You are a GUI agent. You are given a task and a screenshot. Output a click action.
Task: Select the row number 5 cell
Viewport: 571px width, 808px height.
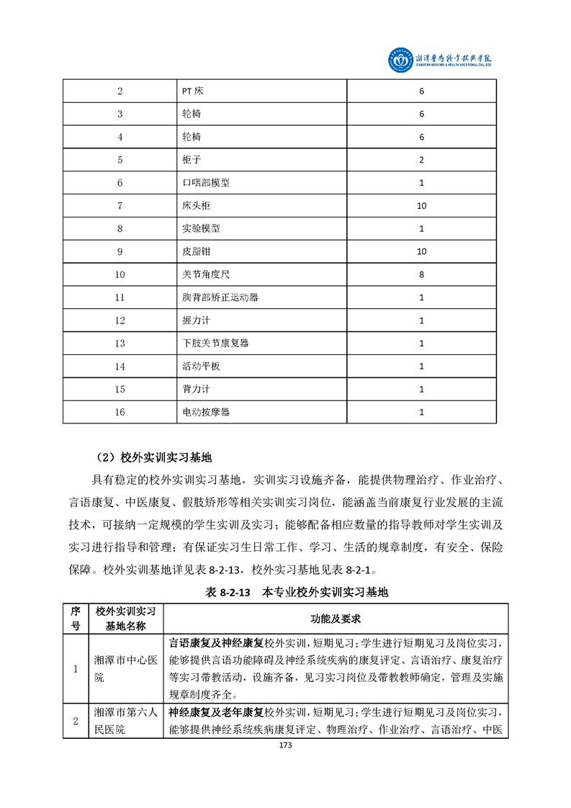coord(120,160)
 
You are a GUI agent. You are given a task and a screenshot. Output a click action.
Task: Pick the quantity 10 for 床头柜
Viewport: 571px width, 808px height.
coord(421,206)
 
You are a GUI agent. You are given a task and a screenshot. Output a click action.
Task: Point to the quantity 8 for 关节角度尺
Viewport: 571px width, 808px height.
coord(421,274)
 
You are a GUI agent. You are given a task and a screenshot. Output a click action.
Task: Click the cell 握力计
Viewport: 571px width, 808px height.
coord(197,320)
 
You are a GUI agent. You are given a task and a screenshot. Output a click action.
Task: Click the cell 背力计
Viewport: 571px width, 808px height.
coord(197,390)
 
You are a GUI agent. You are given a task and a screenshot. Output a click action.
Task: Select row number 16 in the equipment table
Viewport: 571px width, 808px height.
coord(120,413)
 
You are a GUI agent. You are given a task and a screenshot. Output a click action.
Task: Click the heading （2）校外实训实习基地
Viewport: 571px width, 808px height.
coord(154,457)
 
